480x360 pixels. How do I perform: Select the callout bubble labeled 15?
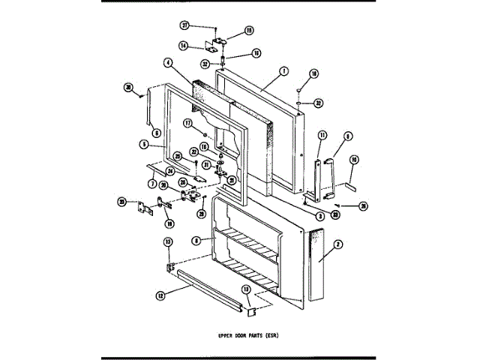[x=250, y=31]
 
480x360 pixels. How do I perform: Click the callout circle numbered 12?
[x=160, y=295]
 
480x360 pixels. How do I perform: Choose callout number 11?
[x=320, y=135]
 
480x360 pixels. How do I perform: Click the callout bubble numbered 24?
[x=170, y=170]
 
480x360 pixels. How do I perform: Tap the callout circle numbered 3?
[x=320, y=216]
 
